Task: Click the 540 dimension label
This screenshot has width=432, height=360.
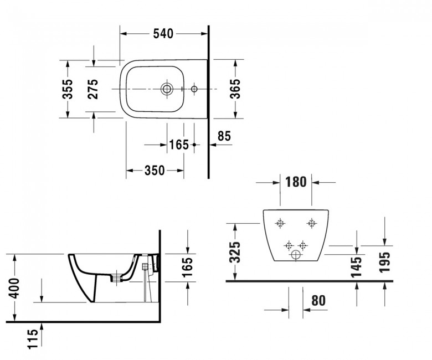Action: point(163,34)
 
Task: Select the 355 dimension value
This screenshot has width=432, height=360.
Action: point(68,89)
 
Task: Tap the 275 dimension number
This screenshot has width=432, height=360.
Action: point(93,89)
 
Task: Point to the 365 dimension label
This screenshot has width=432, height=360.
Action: point(235,89)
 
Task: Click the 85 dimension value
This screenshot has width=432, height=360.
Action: point(224,136)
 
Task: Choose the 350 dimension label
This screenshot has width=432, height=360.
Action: point(155,171)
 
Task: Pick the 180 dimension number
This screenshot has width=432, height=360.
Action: point(296,182)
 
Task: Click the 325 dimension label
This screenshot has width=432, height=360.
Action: point(235,252)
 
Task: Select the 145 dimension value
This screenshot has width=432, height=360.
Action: point(357,266)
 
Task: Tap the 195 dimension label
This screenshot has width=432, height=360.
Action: point(385,262)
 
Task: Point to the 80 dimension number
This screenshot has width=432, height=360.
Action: point(318,301)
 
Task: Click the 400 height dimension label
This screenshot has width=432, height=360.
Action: point(14,289)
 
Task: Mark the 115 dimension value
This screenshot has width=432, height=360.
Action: point(33,339)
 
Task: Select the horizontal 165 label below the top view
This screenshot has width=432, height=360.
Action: point(179,145)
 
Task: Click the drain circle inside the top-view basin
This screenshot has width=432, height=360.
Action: point(167,89)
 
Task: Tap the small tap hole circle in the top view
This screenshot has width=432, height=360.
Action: point(194,89)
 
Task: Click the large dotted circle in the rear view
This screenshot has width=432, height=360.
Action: point(295,255)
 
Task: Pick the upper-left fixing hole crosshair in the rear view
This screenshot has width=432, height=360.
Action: point(280,223)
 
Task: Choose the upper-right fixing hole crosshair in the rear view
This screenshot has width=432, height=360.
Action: point(312,223)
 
